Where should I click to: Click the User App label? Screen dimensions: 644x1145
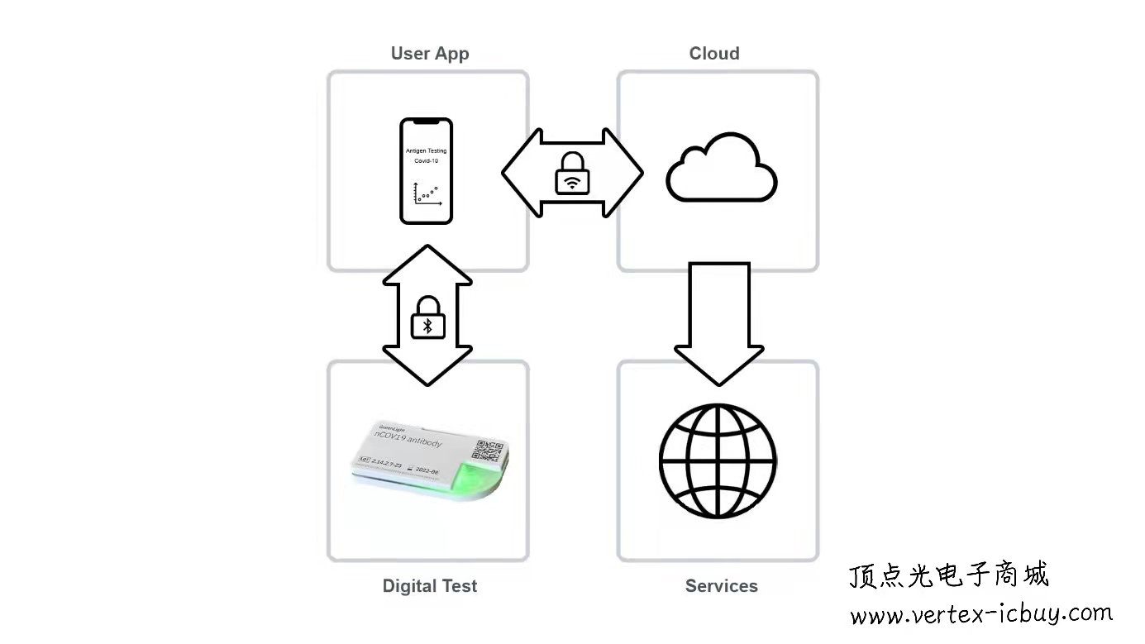pos(430,54)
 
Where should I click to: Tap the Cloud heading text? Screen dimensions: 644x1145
pos(714,54)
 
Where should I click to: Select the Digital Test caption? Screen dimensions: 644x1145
pos(430,586)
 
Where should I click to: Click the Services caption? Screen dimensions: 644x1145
pos(721,586)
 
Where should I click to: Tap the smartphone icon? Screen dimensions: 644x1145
pos(427,171)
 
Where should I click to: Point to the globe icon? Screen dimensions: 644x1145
pos(718,460)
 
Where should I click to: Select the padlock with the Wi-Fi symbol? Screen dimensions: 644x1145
pos(572,173)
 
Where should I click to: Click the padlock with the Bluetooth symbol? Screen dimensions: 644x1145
pos(428,317)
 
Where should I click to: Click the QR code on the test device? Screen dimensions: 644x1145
pos(487,450)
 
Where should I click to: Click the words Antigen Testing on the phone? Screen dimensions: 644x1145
pos(427,151)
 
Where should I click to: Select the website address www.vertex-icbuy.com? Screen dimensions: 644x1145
pos(981,614)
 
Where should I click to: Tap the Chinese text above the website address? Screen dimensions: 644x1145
pos(949,575)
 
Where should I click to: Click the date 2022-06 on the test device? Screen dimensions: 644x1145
pos(427,470)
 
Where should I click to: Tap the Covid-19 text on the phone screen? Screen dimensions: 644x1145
pos(427,160)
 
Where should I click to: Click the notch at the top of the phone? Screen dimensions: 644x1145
pos(427,122)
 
